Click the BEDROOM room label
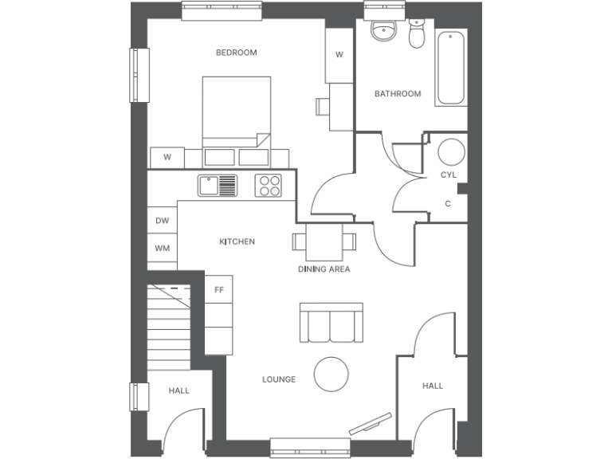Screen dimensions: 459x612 tap(237, 53)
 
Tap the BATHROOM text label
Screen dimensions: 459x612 tap(398, 94)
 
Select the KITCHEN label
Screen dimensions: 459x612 tap(237, 241)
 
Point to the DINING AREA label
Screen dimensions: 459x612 tap(324, 269)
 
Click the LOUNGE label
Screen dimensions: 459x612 tap(279, 379)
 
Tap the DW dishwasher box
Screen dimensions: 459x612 tap(163, 221)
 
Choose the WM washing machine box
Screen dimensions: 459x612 tap(163, 249)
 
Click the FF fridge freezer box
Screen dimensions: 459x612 tap(218, 289)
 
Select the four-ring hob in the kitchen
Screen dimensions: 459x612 tap(269, 186)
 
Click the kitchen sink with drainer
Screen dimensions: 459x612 tap(218, 186)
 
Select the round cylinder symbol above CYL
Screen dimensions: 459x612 tap(452, 151)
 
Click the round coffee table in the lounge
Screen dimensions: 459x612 tap(331, 373)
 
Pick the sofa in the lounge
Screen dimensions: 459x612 tap(331, 323)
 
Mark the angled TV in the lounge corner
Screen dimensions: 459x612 tap(370, 423)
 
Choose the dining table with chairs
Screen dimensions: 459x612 tap(324, 240)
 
